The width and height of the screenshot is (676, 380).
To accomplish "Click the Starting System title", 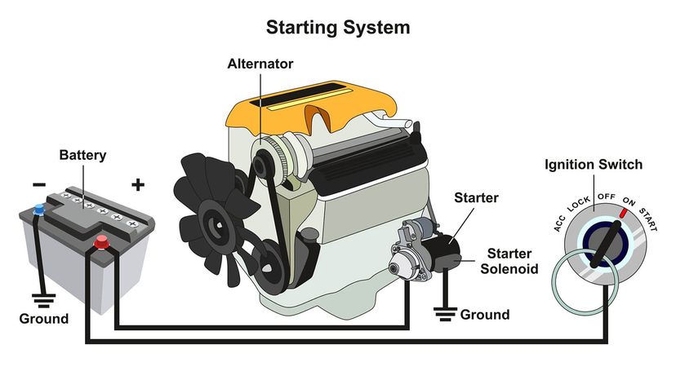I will pyautogui.click(x=338, y=28).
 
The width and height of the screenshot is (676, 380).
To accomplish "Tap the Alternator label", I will pyautogui.click(x=260, y=63).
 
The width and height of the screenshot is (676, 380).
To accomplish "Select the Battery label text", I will pyautogui.click(x=83, y=155).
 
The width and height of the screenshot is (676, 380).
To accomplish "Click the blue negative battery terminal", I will pyautogui.click(x=38, y=212).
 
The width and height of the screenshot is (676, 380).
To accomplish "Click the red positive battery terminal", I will pyautogui.click(x=101, y=241).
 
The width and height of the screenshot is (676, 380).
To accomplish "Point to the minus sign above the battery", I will pyautogui.click(x=39, y=184).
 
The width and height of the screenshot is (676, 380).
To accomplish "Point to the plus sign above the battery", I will pyautogui.click(x=138, y=184).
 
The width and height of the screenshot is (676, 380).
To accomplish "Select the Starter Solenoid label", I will pyautogui.click(x=513, y=260).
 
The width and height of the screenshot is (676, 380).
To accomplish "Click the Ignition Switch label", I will pyautogui.click(x=594, y=165).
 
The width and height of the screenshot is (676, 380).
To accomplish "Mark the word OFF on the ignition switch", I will pyautogui.click(x=606, y=196).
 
